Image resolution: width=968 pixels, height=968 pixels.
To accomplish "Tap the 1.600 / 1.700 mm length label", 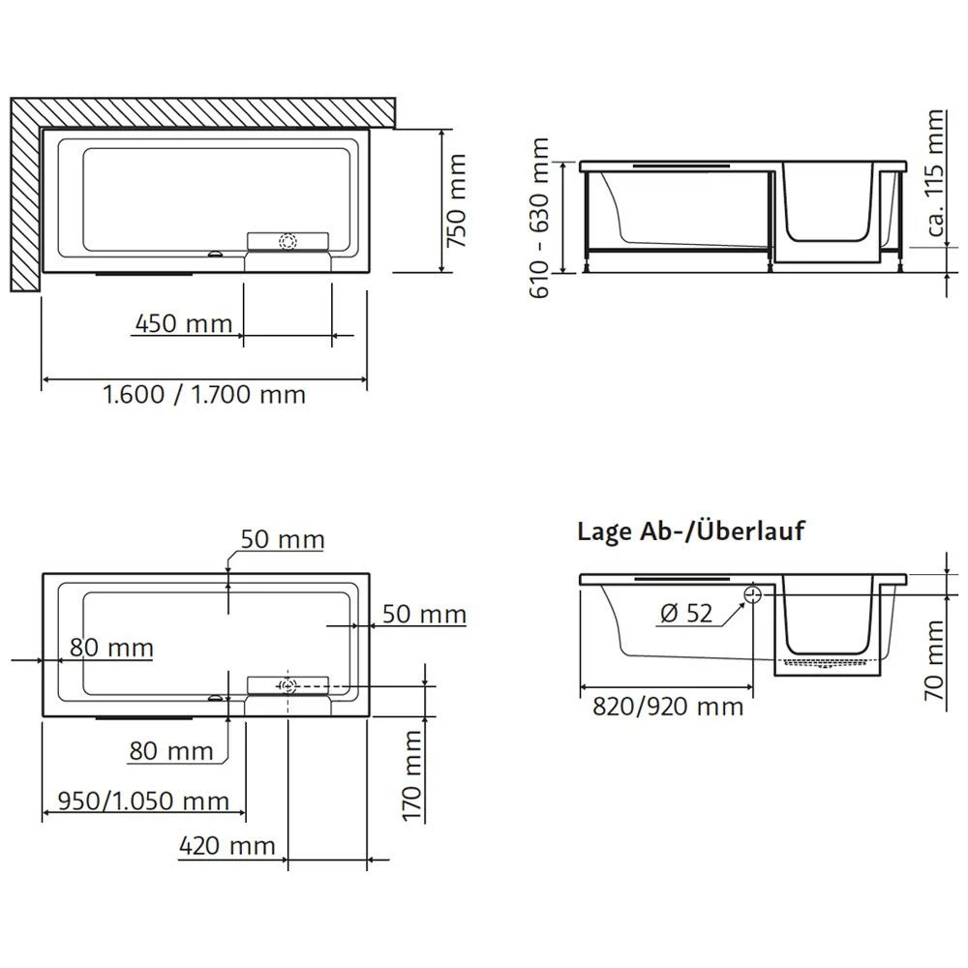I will pos(203,395).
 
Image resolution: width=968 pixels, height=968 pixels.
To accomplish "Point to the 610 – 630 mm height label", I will pos(540,218).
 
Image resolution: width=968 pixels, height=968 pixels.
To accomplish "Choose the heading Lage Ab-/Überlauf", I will pos(690,531).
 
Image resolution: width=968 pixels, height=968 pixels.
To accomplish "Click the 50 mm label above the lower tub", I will pos(282,540).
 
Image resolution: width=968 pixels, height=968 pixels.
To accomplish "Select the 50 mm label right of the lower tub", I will pos(424,614).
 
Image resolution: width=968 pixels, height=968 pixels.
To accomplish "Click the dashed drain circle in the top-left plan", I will pos(287,243).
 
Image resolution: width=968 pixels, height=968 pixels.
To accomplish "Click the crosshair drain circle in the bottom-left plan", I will pos(287,686).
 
